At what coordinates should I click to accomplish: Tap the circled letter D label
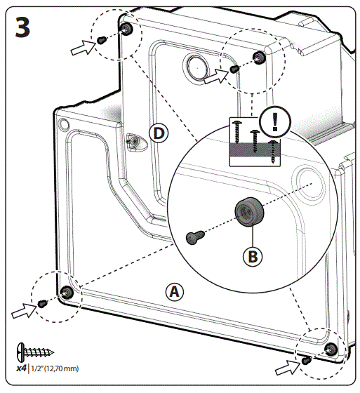point(159,133)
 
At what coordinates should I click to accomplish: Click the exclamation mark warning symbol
point(274,121)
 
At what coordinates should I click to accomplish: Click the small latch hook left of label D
point(133,142)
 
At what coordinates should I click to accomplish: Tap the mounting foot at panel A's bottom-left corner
point(67,292)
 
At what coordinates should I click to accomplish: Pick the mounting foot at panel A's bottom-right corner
point(331,349)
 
